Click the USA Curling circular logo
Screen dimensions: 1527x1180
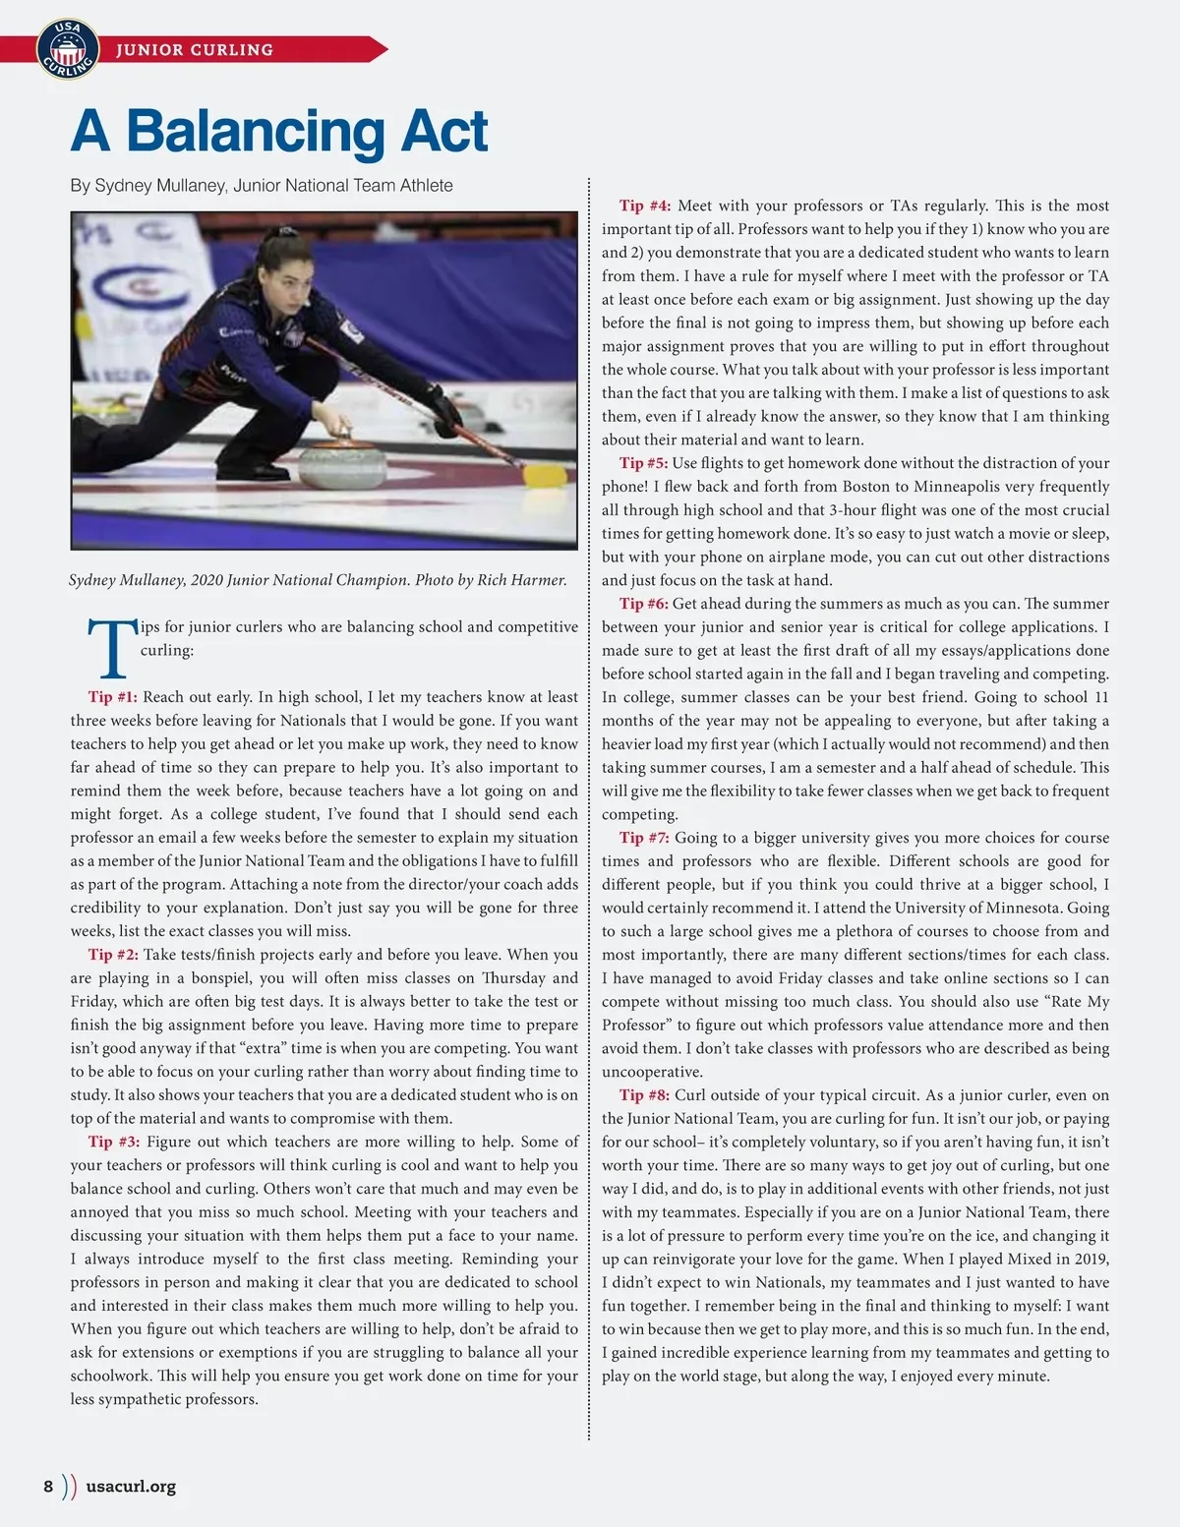click(67, 49)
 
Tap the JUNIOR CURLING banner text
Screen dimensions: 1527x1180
click(195, 50)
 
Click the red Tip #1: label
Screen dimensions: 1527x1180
click(113, 697)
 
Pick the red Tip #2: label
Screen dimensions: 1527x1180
click(113, 955)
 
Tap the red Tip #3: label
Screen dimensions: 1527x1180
click(113, 1142)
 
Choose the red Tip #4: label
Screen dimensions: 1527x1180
click(645, 206)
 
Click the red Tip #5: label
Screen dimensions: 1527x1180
click(643, 463)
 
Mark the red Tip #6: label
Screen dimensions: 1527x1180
click(643, 604)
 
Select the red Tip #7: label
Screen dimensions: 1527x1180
click(644, 838)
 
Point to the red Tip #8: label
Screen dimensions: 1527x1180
click(644, 1095)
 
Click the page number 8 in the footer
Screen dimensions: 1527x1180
click(48, 1486)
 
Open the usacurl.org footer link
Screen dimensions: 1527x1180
click(131, 1486)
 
